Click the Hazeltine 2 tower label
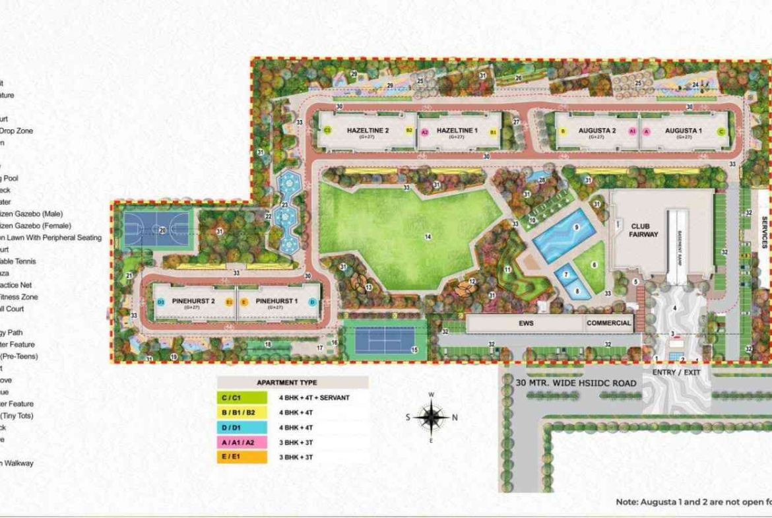point(368,131)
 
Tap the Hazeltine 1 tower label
point(457,131)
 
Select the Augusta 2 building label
point(596,131)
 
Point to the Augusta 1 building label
point(683,131)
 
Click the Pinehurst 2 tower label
point(193,301)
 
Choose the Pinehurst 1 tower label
point(276,301)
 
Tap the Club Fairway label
point(643,230)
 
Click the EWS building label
point(526,323)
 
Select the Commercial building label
point(609,323)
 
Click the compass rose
point(431,417)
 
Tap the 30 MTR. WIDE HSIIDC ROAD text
point(576,383)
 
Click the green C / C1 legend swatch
point(242,398)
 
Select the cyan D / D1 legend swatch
point(242,427)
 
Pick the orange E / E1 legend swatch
point(242,456)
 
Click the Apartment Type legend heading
point(286,383)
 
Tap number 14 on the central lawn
point(428,236)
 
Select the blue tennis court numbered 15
point(385,340)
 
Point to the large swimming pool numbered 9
point(564,234)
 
